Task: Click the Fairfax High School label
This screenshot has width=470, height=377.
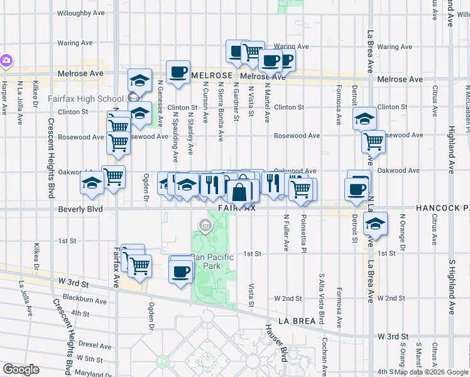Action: pos(86,99)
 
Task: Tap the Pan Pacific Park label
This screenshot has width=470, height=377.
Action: pos(212,261)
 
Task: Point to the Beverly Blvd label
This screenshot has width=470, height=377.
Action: pos(81,209)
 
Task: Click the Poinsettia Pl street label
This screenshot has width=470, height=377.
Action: pos(303,230)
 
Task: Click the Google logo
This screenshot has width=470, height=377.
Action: pos(20,369)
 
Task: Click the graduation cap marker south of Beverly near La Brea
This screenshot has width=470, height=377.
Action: pos(375,223)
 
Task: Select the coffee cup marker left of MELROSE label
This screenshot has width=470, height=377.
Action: pos(178,71)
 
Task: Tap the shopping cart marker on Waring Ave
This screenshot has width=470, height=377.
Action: pos(253,52)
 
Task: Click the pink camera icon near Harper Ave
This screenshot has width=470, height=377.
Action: pos(6,61)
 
